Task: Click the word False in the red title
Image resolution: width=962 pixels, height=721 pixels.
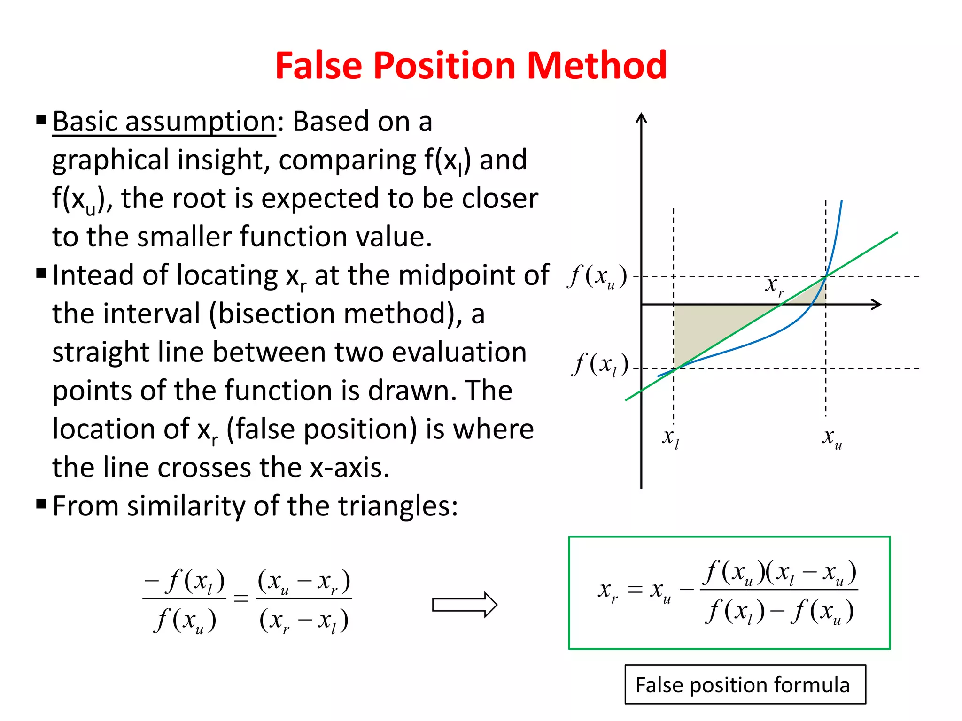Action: [319, 65]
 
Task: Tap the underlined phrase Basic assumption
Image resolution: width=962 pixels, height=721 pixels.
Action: [163, 122]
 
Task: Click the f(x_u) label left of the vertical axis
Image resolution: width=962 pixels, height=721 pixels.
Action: [597, 276]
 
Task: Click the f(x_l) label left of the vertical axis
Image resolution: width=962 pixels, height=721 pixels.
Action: [600, 365]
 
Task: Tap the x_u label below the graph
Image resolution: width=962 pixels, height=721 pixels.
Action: [832, 438]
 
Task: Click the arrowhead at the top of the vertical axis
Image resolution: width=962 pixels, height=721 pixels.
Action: [641, 118]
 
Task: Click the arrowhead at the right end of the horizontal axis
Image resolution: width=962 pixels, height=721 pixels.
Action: [876, 305]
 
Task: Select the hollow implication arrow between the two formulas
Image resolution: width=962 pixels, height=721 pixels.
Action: [464, 605]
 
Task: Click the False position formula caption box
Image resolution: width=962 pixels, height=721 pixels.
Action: [745, 684]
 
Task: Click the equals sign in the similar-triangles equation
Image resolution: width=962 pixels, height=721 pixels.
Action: [241, 598]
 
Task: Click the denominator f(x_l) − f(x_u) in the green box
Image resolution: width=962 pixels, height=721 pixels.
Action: [779, 612]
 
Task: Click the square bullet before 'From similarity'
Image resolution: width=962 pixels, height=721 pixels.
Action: [41, 505]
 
